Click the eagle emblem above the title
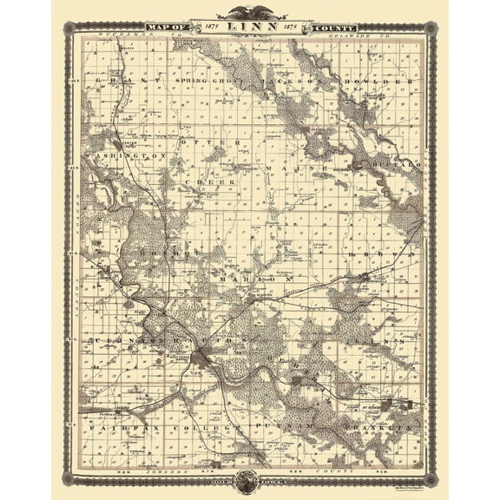(x=249, y=12)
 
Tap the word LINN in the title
(x=249, y=28)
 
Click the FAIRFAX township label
(x=111, y=428)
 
